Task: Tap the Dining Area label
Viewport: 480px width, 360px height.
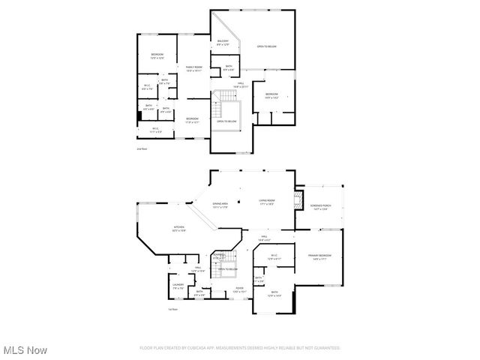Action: (220, 205)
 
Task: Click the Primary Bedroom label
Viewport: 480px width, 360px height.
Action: (319, 257)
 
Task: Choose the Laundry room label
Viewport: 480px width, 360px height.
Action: (178, 286)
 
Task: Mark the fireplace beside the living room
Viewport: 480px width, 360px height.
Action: (298, 199)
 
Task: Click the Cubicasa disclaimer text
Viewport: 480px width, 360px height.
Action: (240, 348)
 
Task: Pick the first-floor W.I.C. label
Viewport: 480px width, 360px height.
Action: (274, 257)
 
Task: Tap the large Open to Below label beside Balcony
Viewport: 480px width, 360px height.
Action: (267, 46)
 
